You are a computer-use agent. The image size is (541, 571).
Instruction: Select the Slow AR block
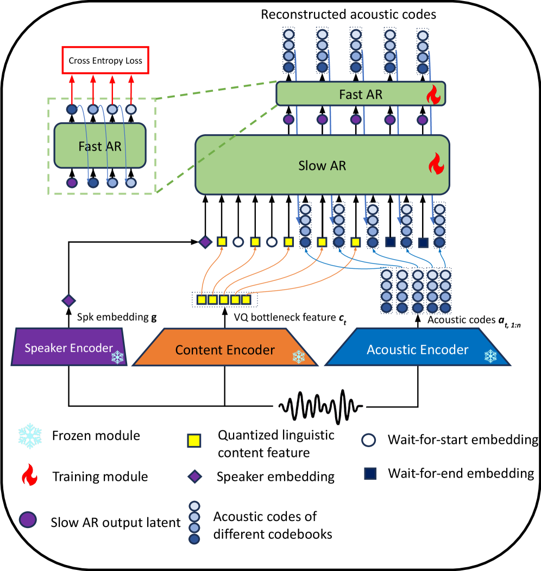pos(322,165)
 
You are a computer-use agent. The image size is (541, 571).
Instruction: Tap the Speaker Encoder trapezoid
pos(68,348)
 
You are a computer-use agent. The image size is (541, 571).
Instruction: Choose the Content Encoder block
pos(225,350)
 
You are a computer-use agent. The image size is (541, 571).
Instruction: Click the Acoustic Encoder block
pos(418,349)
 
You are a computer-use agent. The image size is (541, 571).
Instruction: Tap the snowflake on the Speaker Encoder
pos(117,356)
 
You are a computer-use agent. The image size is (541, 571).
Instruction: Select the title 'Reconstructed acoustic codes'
pos(349,14)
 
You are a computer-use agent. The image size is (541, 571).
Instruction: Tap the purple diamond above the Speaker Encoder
pos(68,300)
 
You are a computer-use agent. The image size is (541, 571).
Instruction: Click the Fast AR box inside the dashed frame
pos(100,146)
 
